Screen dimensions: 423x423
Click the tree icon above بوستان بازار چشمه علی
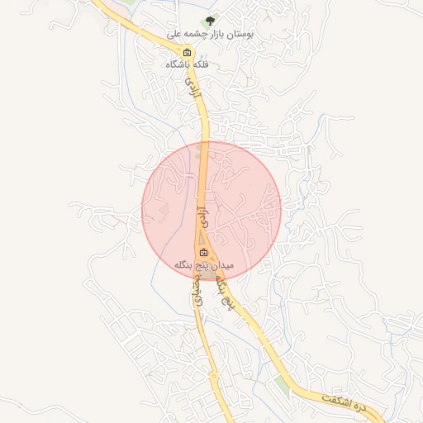coord(210,21)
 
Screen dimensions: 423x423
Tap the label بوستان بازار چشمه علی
coord(210,35)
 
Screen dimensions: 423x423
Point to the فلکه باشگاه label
coord(188,64)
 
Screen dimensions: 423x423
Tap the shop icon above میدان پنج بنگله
coord(204,253)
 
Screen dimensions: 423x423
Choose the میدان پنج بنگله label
coord(204,265)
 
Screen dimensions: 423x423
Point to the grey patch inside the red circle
coord(163,212)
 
